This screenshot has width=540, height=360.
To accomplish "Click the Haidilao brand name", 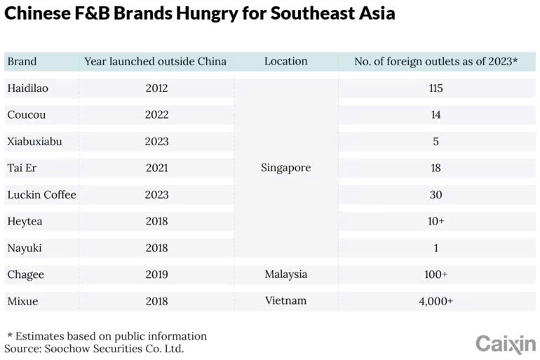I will click(x=28, y=88).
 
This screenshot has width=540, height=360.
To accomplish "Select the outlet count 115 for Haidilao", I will click(x=436, y=88).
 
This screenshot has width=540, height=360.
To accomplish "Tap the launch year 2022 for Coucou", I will click(x=156, y=115).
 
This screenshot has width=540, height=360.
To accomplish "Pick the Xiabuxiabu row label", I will click(x=34, y=142).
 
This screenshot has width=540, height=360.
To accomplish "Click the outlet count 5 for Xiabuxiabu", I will click(x=436, y=142).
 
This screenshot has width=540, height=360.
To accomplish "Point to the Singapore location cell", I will click(x=285, y=168).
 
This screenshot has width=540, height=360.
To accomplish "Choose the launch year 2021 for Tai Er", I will click(x=156, y=168).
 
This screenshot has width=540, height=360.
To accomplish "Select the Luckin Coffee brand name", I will click(x=41, y=194).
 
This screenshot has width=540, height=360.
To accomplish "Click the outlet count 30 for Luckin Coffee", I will click(x=436, y=194).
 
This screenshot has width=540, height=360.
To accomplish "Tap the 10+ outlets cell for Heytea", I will click(x=436, y=221).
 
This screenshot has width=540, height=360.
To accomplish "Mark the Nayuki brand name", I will click(x=25, y=248).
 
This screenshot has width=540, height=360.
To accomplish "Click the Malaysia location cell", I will click(x=285, y=274).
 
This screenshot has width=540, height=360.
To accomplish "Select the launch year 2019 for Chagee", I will click(x=156, y=274).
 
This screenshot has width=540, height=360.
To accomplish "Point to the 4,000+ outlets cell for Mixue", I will click(x=436, y=300).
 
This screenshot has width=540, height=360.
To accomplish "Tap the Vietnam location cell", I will click(x=285, y=300).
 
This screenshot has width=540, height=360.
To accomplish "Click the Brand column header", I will click(x=22, y=62).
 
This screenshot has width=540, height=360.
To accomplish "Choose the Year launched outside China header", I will click(x=155, y=62).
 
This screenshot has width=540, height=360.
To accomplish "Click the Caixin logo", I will click(x=505, y=343).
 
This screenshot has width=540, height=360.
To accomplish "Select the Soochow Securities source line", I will click(x=94, y=348).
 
